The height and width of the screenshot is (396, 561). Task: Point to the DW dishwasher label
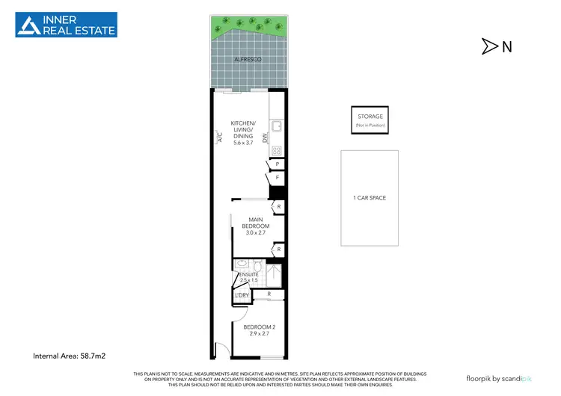(266, 137)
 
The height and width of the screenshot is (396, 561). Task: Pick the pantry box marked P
(277, 164)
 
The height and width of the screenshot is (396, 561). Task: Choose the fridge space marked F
(277, 178)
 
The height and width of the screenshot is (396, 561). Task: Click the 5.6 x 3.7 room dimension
(244, 143)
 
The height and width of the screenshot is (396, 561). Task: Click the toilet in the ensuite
(257, 266)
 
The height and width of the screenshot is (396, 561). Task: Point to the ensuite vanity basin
(241, 264)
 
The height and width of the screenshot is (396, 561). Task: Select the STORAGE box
(370, 120)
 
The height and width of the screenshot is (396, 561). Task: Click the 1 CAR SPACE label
(370, 198)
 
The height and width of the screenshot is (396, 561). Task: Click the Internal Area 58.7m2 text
(70, 356)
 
